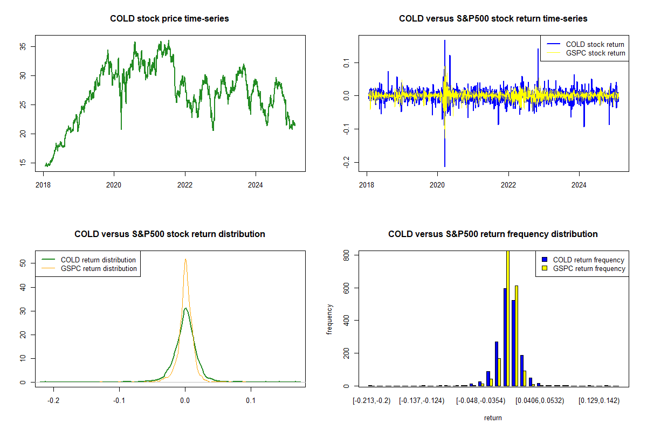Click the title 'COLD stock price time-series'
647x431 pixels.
(169, 19)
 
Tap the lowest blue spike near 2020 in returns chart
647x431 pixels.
(445, 165)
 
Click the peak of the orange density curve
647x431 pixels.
(185, 259)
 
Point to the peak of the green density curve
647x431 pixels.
(185, 309)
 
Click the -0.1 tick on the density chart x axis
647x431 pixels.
(120, 401)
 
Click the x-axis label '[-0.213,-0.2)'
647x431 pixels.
(371, 401)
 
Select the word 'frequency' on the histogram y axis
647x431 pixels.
(331, 319)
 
